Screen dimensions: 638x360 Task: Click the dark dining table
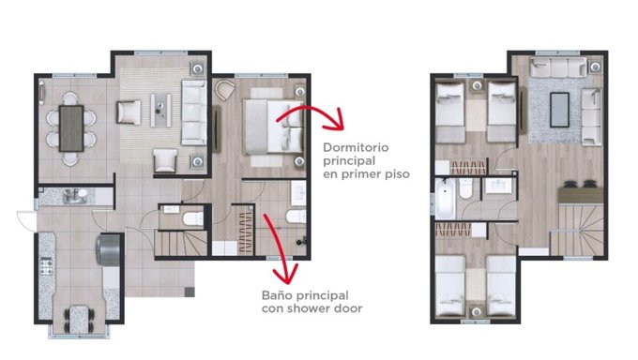pyautogui.click(x=71, y=128)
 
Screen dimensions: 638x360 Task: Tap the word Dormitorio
pyautogui.click(x=356, y=147)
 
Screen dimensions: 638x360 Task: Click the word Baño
pyautogui.click(x=277, y=295)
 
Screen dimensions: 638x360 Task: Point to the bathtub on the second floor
pyautogui.click(x=445, y=198)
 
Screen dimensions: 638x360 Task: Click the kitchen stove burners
pyautogui.click(x=46, y=266)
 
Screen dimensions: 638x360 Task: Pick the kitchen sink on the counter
pyautogui.click(x=75, y=196)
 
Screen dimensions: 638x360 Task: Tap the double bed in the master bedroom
pyautogui.click(x=273, y=127)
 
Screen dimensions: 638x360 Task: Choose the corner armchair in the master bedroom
pyautogui.click(x=224, y=90)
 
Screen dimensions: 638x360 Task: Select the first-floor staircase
pyautogui.click(x=181, y=243)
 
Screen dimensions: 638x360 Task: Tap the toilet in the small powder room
pyautogui.click(x=193, y=218)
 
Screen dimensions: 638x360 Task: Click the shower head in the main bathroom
pyautogui.click(x=302, y=242)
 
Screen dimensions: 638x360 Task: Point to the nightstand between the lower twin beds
pyautogui.click(x=476, y=311)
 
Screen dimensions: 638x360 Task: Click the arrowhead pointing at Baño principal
pyautogui.click(x=287, y=274)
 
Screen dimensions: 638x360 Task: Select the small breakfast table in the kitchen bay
pyautogui.click(x=80, y=320)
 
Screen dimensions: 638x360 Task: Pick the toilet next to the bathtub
pyautogui.click(x=466, y=188)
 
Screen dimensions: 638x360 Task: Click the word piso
pyautogui.click(x=398, y=174)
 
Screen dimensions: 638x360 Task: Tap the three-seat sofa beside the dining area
pyautogui.click(x=193, y=112)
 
